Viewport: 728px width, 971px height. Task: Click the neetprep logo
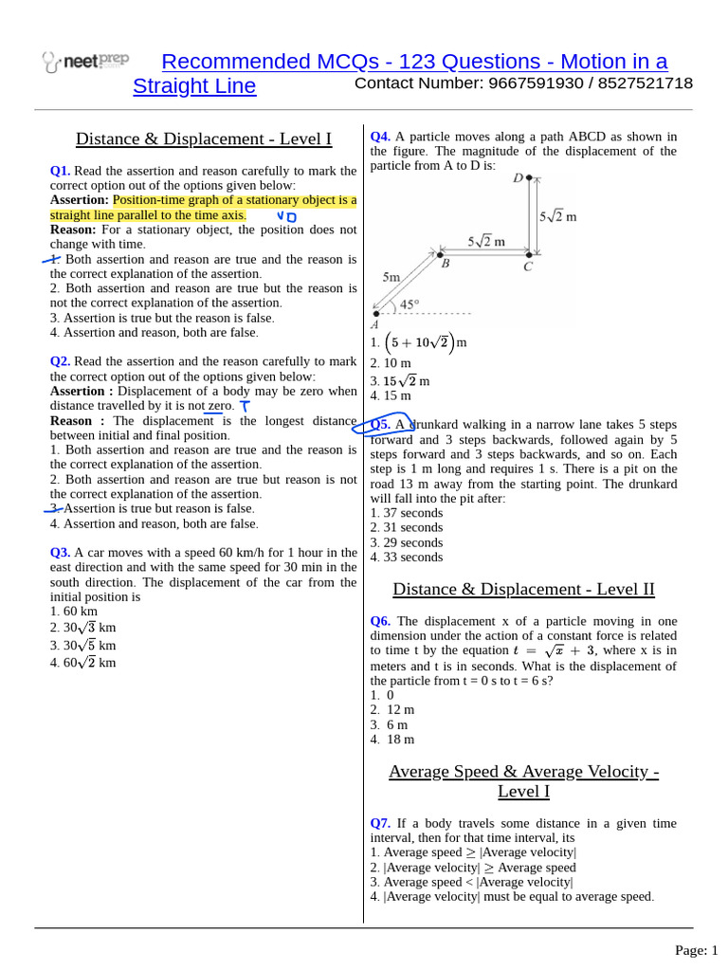click(85, 63)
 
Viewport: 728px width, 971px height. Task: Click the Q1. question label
click(60, 171)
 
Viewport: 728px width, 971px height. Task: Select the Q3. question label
click(60, 553)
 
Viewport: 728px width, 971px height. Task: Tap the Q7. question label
click(380, 823)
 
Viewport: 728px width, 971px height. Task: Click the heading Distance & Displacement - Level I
click(204, 139)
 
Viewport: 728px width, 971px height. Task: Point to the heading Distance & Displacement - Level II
click(523, 589)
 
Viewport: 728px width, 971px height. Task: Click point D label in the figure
click(518, 178)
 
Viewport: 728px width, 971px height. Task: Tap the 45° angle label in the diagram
click(409, 304)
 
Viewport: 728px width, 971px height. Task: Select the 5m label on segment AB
click(391, 278)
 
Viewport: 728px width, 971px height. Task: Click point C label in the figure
click(528, 266)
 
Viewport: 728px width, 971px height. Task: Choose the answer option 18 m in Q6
click(399, 740)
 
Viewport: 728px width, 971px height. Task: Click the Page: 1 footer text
click(696, 949)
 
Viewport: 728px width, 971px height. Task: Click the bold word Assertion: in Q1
click(80, 200)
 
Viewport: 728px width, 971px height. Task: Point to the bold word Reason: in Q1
click(73, 229)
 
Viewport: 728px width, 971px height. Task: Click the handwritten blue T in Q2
click(245, 406)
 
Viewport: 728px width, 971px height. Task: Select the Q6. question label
click(380, 621)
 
